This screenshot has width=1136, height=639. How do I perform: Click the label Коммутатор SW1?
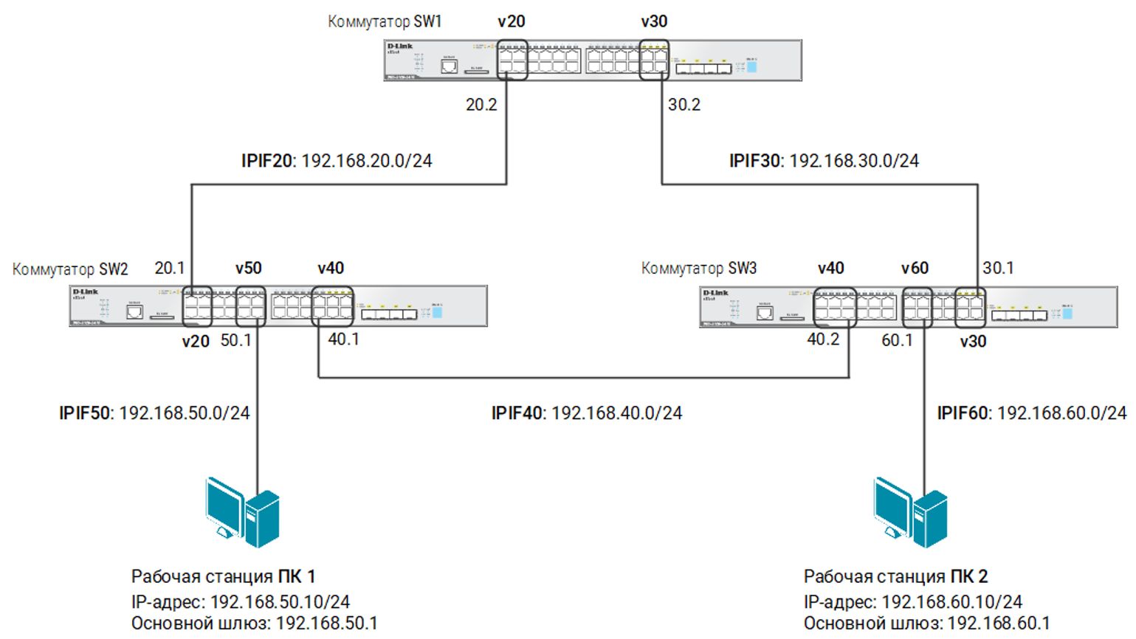[385, 21]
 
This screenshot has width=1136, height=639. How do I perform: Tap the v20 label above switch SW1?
[512, 21]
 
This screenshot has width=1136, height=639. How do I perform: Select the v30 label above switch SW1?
[654, 21]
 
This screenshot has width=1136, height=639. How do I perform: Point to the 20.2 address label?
[481, 105]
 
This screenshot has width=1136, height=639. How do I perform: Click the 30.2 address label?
[684, 105]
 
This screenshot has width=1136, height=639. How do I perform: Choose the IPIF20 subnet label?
[337, 161]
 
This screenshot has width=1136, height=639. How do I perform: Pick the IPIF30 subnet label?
[824, 161]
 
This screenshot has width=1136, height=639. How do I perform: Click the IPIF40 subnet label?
[587, 413]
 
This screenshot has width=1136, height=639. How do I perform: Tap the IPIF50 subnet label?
[154, 413]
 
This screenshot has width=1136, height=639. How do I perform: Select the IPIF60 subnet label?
[1032, 413]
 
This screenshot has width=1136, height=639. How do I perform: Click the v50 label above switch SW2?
[249, 268]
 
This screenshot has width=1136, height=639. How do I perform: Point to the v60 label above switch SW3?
[915, 268]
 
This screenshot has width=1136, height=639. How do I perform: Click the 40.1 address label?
[344, 339]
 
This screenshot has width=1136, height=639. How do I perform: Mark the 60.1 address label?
[897, 340]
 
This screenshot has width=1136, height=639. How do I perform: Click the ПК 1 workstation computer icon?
[243, 511]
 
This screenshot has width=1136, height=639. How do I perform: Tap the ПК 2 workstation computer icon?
[910, 511]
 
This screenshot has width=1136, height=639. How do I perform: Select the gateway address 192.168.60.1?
[999, 624]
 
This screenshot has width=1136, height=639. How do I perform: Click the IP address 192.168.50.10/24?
[280, 602]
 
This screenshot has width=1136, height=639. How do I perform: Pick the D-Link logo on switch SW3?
[715, 293]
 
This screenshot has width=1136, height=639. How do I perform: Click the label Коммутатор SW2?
[70, 269]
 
